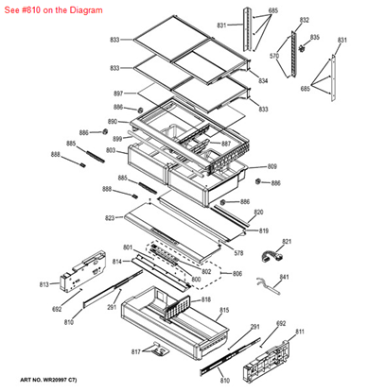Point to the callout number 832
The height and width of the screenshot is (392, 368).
click(304, 20)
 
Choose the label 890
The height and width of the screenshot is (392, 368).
click(112, 123)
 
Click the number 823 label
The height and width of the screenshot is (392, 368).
click(110, 218)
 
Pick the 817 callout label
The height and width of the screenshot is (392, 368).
click(135, 352)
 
